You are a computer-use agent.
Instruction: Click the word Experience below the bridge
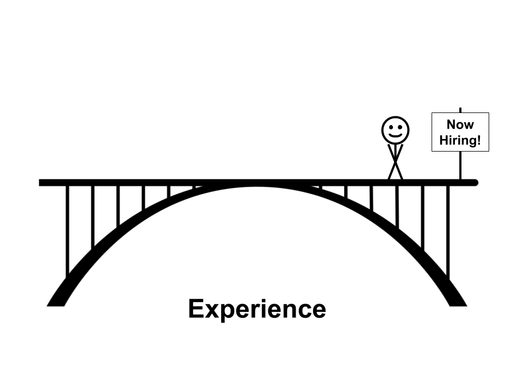257,309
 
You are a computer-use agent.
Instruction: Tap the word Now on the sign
460,125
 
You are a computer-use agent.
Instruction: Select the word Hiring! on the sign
460,140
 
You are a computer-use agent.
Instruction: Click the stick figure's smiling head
395,130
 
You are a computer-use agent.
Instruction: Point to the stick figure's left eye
390,127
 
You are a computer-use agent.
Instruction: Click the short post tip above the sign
460,110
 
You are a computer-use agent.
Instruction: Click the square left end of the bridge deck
41,183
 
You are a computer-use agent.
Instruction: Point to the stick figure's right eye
400,127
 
